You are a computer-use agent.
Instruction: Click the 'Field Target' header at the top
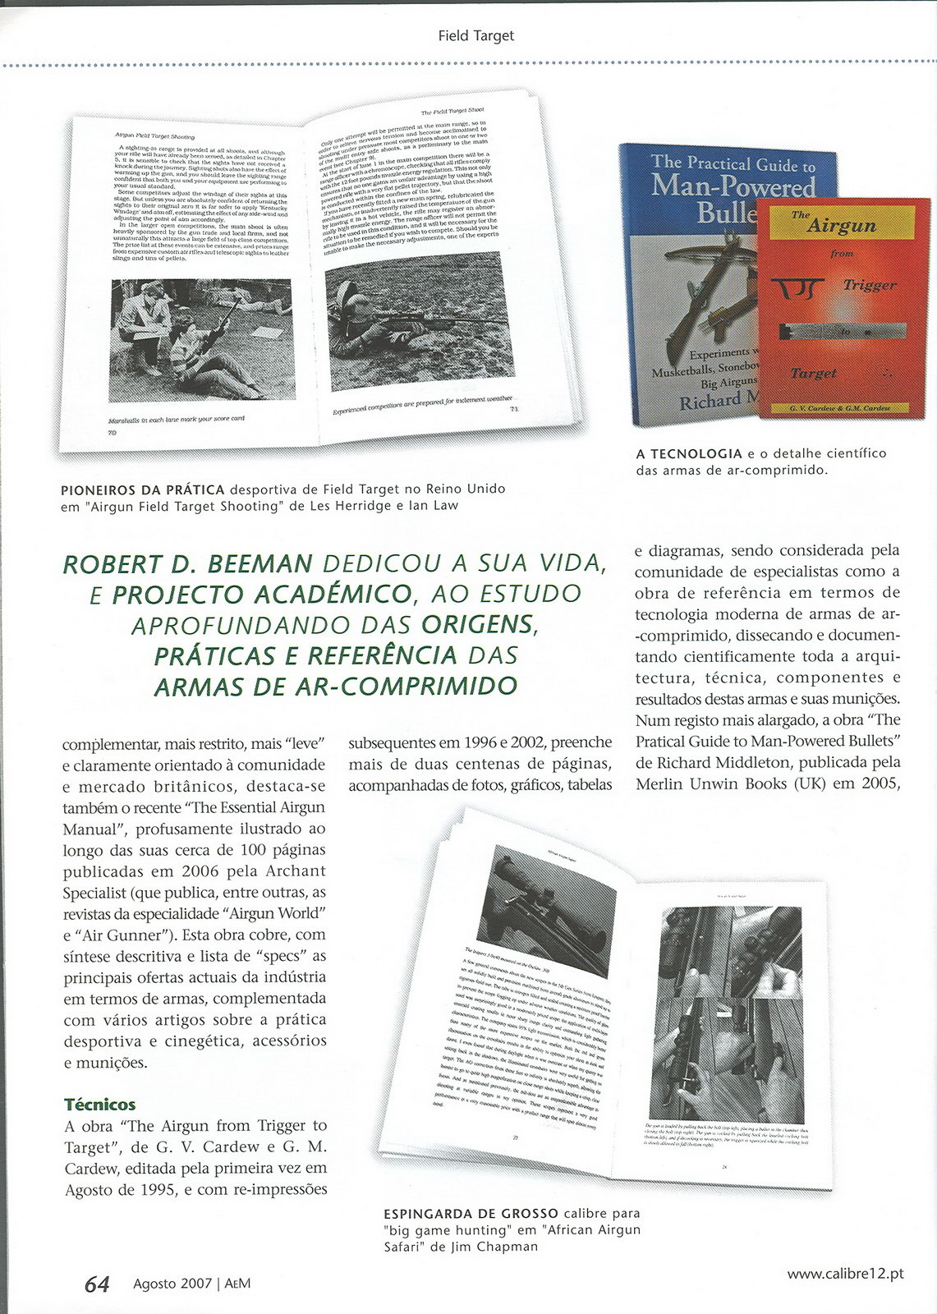[x=475, y=35]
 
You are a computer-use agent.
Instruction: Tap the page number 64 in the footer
[x=97, y=1284]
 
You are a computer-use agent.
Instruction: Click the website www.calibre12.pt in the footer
[x=845, y=1274]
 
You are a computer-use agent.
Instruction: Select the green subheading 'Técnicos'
[x=100, y=1104]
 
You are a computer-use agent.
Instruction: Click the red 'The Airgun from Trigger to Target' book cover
[x=843, y=308]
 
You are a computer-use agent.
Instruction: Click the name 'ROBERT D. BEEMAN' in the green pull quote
[x=188, y=564]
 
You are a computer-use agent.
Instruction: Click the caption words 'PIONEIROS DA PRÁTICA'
[x=142, y=489]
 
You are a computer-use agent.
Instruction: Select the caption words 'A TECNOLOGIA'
[x=689, y=453]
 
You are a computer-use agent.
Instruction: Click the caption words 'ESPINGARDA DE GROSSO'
[x=471, y=1213]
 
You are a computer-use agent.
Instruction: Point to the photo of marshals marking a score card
[x=200, y=339]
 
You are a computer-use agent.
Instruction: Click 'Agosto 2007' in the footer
[x=172, y=1284]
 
